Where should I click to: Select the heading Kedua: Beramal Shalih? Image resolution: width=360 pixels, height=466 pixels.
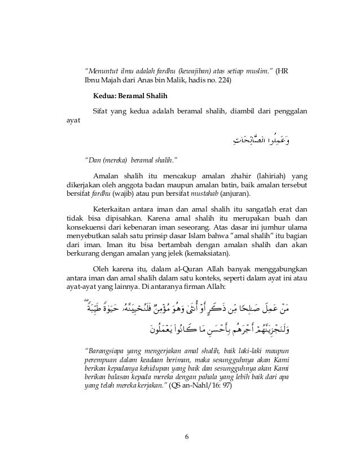click(127, 96)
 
